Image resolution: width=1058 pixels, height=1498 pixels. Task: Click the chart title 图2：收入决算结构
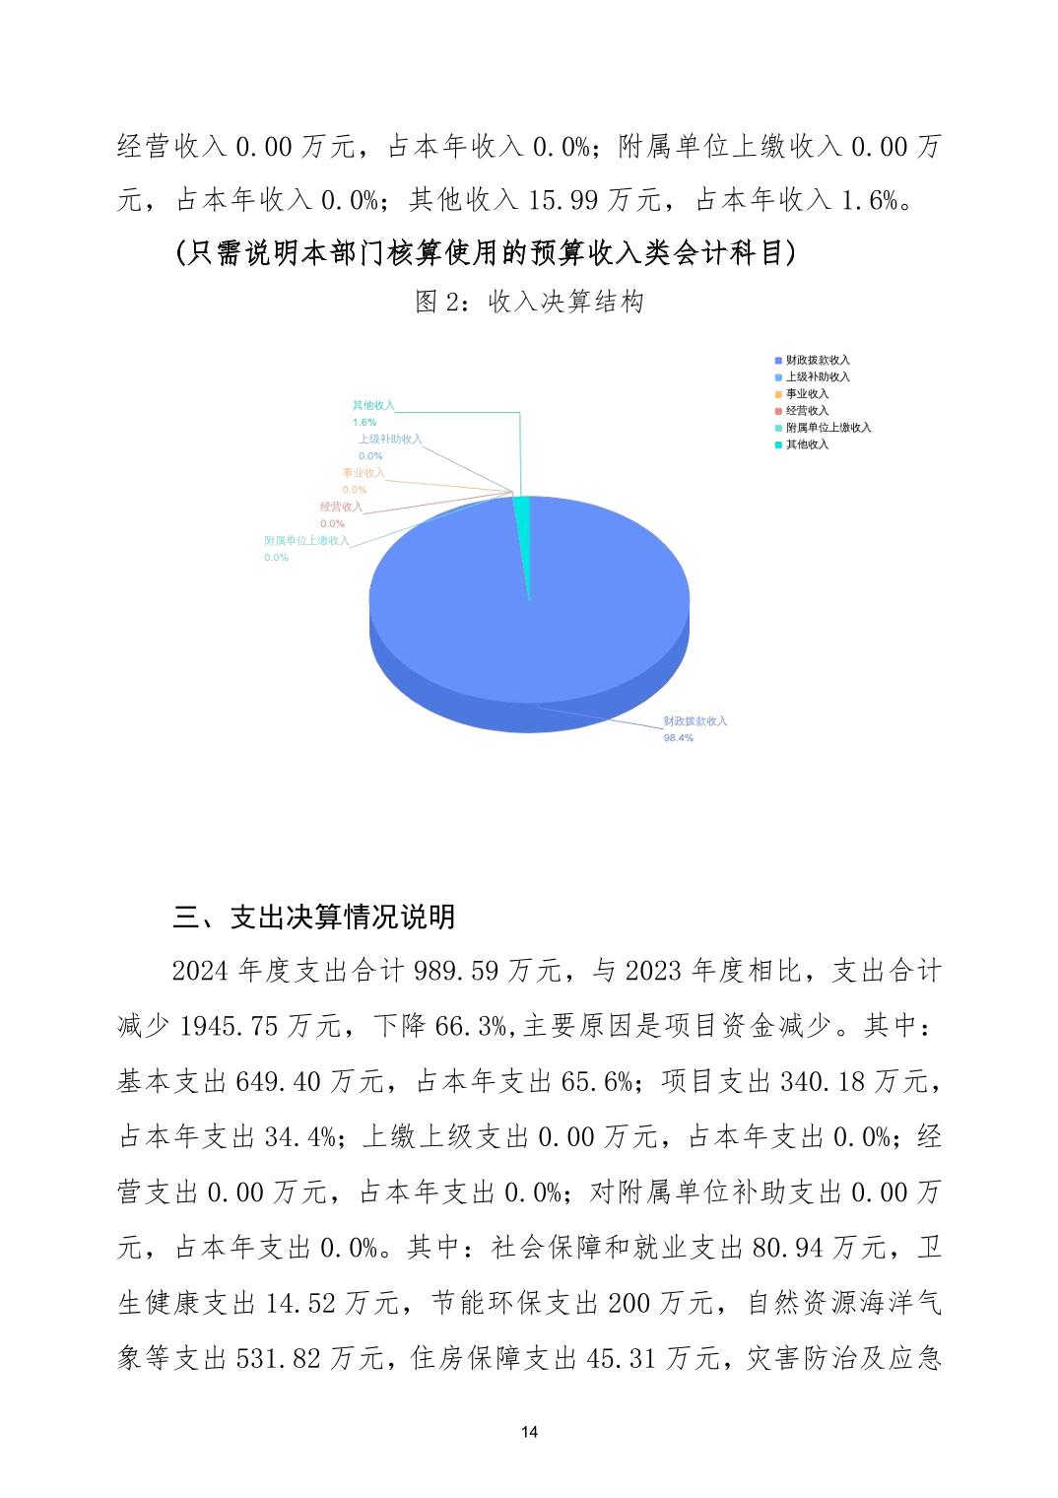[529, 302]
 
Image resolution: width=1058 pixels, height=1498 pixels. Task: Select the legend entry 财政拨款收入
[817, 361]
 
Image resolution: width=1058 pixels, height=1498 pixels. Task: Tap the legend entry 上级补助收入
[817, 377]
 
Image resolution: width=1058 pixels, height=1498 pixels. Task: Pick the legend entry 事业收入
[807, 394]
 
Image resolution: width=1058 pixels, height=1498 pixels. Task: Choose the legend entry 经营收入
[807, 411]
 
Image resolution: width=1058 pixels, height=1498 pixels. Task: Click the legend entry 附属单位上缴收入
[827, 428]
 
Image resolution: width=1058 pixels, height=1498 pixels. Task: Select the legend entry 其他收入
[807, 444]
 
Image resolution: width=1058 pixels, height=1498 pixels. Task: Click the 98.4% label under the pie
[678, 738]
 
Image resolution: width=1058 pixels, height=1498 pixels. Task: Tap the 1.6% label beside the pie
[364, 422]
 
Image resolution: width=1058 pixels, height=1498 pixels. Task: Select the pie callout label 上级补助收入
[390, 440]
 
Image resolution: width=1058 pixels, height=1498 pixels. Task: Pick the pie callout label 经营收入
[341, 508]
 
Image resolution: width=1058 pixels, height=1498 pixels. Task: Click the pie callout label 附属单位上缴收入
[306, 541]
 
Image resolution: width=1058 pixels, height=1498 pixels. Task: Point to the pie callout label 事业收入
[364, 473]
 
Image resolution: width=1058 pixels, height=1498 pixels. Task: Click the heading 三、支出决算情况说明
[313, 918]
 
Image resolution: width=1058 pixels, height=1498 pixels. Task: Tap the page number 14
[529, 1432]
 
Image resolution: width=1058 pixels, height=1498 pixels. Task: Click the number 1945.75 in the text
[230, 1027]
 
